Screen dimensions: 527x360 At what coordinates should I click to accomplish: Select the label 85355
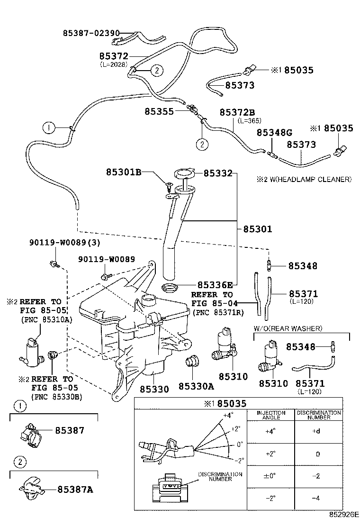click(159, 111)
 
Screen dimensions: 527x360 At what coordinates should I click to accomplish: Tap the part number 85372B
click(237, 112)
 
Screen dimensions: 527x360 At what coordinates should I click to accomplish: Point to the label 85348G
click(274, 133)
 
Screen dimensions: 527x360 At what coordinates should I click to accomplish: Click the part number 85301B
click(124, 173)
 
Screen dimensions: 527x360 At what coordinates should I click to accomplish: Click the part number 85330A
click(196, 387)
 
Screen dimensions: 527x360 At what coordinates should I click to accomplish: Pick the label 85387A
click(75, 489)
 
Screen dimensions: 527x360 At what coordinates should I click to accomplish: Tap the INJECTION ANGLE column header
click(271, 416)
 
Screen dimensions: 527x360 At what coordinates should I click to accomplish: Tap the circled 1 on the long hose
click(49, 127)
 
